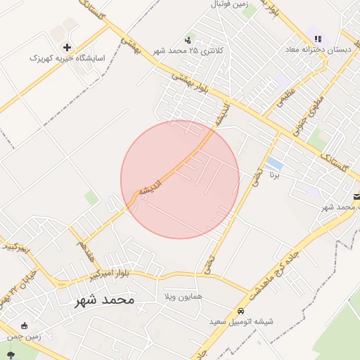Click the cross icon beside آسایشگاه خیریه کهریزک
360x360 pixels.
point(67,47)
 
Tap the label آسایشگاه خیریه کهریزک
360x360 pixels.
point(67,58)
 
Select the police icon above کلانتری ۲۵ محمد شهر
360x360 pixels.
point(188,40)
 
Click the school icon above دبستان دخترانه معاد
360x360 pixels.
point(318,39)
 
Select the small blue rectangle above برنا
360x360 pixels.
point(274,164)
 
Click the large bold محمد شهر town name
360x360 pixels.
point(104,300)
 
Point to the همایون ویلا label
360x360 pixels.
point(182,297)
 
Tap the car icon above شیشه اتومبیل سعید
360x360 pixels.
point(241,310)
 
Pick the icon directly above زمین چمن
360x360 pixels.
point(25,326)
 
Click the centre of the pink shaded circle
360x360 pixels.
point(180,180)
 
